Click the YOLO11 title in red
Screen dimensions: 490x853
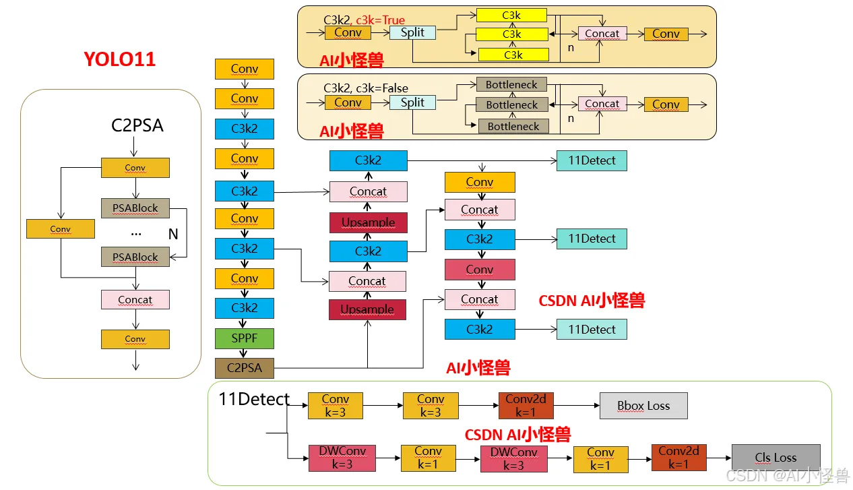[x=119, y=59]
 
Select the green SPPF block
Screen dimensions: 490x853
[x=244, y=338]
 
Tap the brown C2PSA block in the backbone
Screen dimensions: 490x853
[x=244, y=368]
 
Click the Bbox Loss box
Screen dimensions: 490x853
[x=643, y=406]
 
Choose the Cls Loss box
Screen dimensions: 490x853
[x=776, y=458]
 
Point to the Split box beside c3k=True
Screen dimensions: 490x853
[x=412, y=32]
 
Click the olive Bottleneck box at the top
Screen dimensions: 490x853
[x=511, y=85]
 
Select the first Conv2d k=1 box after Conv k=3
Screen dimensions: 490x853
[x=526, y=406]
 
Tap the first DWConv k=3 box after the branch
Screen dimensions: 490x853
[x=342, y=458]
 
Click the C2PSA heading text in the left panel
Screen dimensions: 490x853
[x=137, y=125]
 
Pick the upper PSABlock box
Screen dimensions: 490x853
[x=135, y=208]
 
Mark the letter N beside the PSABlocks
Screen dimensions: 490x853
[x=173, y=234]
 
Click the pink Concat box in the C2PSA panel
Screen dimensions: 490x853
[x=135, y=300]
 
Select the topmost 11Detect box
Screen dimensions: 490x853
[x=592, y=160]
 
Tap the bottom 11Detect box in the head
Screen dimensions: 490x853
[x=592, y=330]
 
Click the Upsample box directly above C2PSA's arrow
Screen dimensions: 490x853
[x=367, y=309]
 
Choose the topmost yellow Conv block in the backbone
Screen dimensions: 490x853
[x=244, y=69]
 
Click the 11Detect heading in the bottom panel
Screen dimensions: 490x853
[x=254, y=399]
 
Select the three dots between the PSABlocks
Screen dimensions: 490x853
[x=136, y=233]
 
